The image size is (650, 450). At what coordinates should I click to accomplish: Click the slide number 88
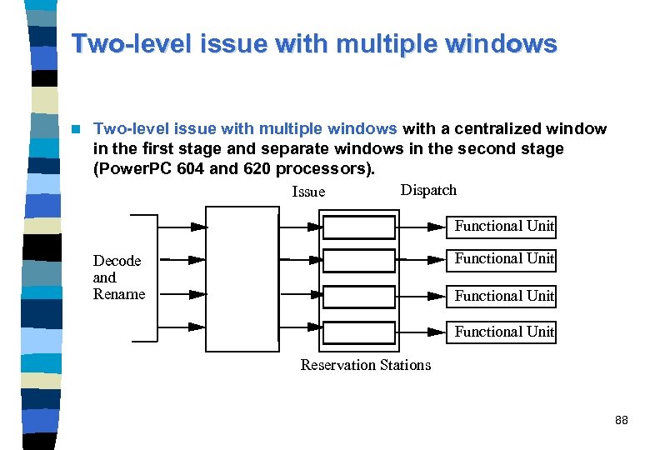tap(621, 421)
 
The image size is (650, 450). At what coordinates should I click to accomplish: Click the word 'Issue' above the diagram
tap(308, 192)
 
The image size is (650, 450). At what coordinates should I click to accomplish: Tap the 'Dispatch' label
tap(428, 190)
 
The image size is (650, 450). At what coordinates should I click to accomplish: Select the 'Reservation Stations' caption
tap(366, 365)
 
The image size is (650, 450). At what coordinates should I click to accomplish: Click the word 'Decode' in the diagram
tap(117, 261)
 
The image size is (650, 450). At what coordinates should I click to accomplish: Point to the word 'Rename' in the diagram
tap(119, 294)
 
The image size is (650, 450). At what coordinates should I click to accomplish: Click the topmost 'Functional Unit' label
tap(504, 226)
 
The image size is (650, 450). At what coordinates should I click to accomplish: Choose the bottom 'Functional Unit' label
tap(504, 332)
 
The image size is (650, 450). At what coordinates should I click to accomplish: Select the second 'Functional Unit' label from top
tap(504, 259)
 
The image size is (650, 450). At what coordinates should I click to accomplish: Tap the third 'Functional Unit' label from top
tap(504, 296)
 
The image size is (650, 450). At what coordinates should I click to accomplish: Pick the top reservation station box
tap(358, 227)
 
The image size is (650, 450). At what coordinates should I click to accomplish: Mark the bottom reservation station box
tap(358, 332)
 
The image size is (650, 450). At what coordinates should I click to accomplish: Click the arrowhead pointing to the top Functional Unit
tap(436, 227)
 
